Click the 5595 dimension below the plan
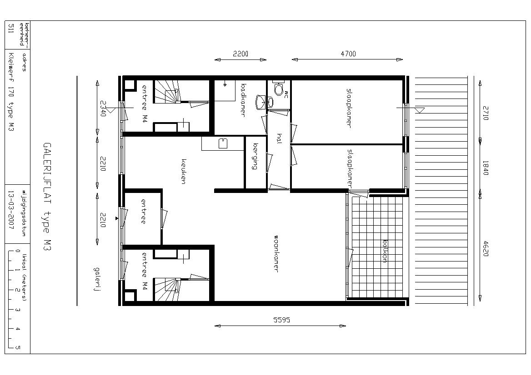click(x=282, y=320)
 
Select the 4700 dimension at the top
click(x=348, y=54)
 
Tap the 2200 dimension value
click(x=240, y=54)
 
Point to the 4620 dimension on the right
click(x=486, y=248)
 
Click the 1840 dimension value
click(x=486, y=168)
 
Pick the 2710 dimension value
click(x=486, y=113)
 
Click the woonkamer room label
click(x=276, y=254)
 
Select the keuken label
click(x=184, y=172)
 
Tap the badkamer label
click(x=242, y=100)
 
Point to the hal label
click(x=279, y=138)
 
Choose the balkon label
click(x=385, y=251)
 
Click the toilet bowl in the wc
click(x=279, y=89)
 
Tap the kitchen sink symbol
click(x=223, y=143)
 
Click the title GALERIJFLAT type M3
click(x=47, y=197)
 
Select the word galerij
click(x=98, y=279)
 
